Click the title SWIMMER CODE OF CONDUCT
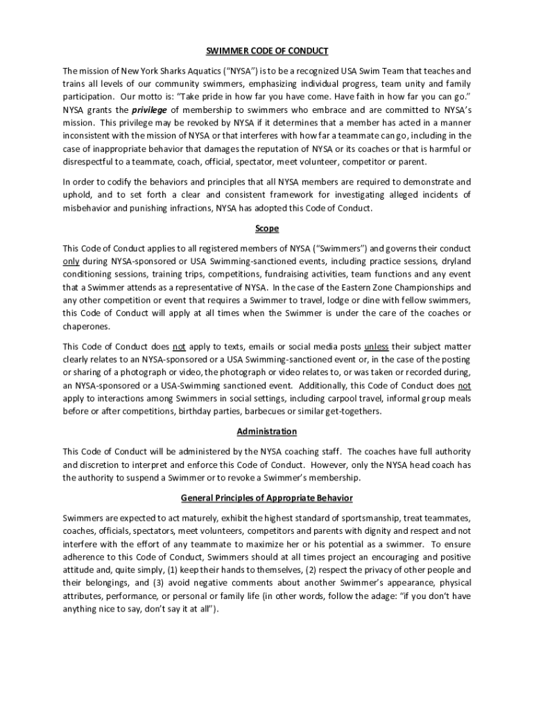[267, 51]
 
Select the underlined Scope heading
[267, 228]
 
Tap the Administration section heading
[267, 431]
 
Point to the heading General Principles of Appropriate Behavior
[267, 498]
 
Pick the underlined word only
[71, 261]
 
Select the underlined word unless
[376, 347]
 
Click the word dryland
[454, 261]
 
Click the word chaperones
[87, 326]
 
